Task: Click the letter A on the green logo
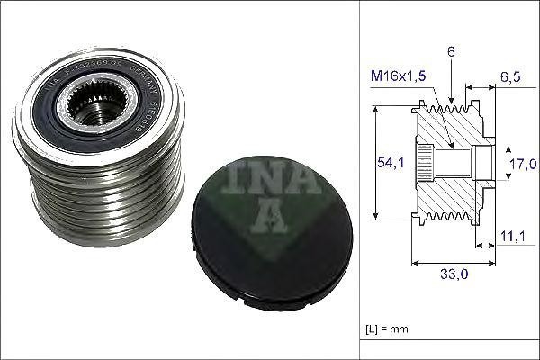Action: click(x=271, y=217)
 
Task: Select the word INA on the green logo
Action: click(x=272, y=179)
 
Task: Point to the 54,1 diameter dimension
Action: click(x=384, y=163)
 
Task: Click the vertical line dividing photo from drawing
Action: click(x=358, y=180)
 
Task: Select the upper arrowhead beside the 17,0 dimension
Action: click(x=506, y=148)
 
